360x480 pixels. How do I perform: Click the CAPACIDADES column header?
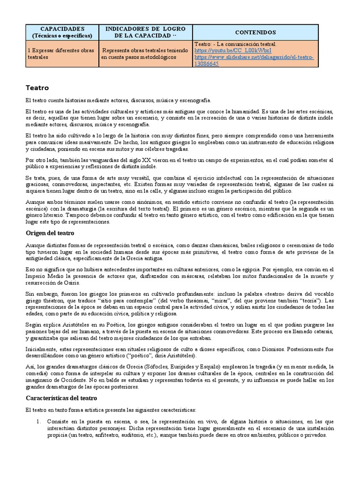62,32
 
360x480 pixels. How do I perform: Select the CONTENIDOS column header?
255,32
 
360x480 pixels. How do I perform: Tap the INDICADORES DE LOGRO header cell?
146,32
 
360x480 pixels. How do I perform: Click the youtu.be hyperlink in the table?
233,51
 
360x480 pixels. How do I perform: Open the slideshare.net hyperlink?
254,57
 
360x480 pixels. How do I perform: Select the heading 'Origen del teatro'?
50,233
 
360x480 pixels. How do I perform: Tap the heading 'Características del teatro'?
61,398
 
